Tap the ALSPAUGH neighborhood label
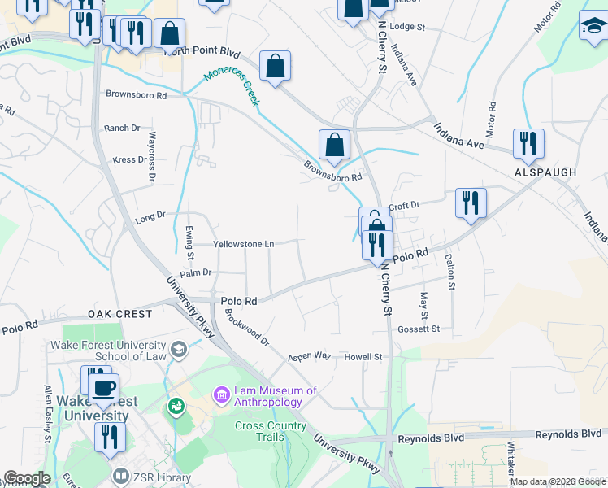click(545, 172)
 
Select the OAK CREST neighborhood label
click(119, 314)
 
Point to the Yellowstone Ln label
click(243, 243)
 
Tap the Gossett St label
click(419, 329)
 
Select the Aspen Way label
click(310, 357)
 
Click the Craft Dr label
click(403, 206)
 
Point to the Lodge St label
click(407, 27)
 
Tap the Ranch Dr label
click(122, 129)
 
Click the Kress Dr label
click(128, 159)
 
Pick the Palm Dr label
click(196, 272)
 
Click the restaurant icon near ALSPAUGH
click(528, 144)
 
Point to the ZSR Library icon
click(121, 475)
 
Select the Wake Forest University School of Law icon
click(180, 349)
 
